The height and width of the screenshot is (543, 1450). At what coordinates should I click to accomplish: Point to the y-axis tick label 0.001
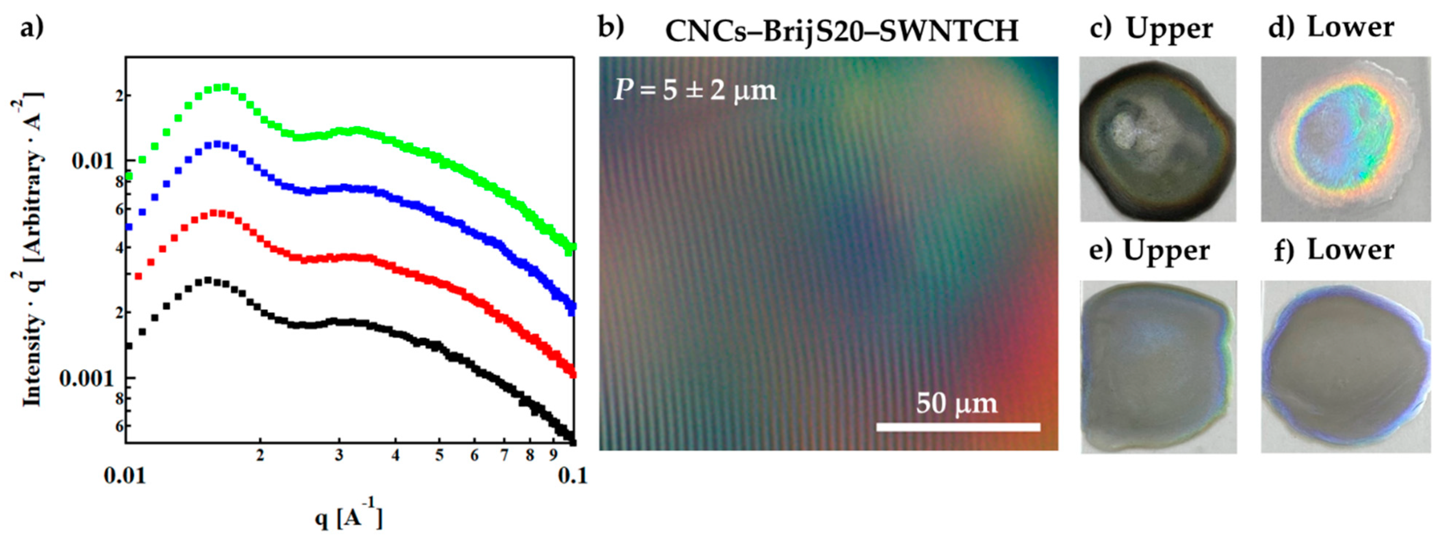click(87, 378)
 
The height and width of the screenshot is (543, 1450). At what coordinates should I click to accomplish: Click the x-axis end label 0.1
click(572, 476)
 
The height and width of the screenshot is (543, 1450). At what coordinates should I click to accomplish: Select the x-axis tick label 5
click(439, 456)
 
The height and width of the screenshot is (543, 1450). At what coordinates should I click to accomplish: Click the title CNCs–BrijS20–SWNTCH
click(841, 31)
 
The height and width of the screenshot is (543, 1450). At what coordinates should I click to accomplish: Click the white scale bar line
click(958, 427)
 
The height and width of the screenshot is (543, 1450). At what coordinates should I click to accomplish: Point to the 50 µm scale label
click(956, 403)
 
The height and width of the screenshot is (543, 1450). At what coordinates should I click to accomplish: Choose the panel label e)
click(1101, 251)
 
